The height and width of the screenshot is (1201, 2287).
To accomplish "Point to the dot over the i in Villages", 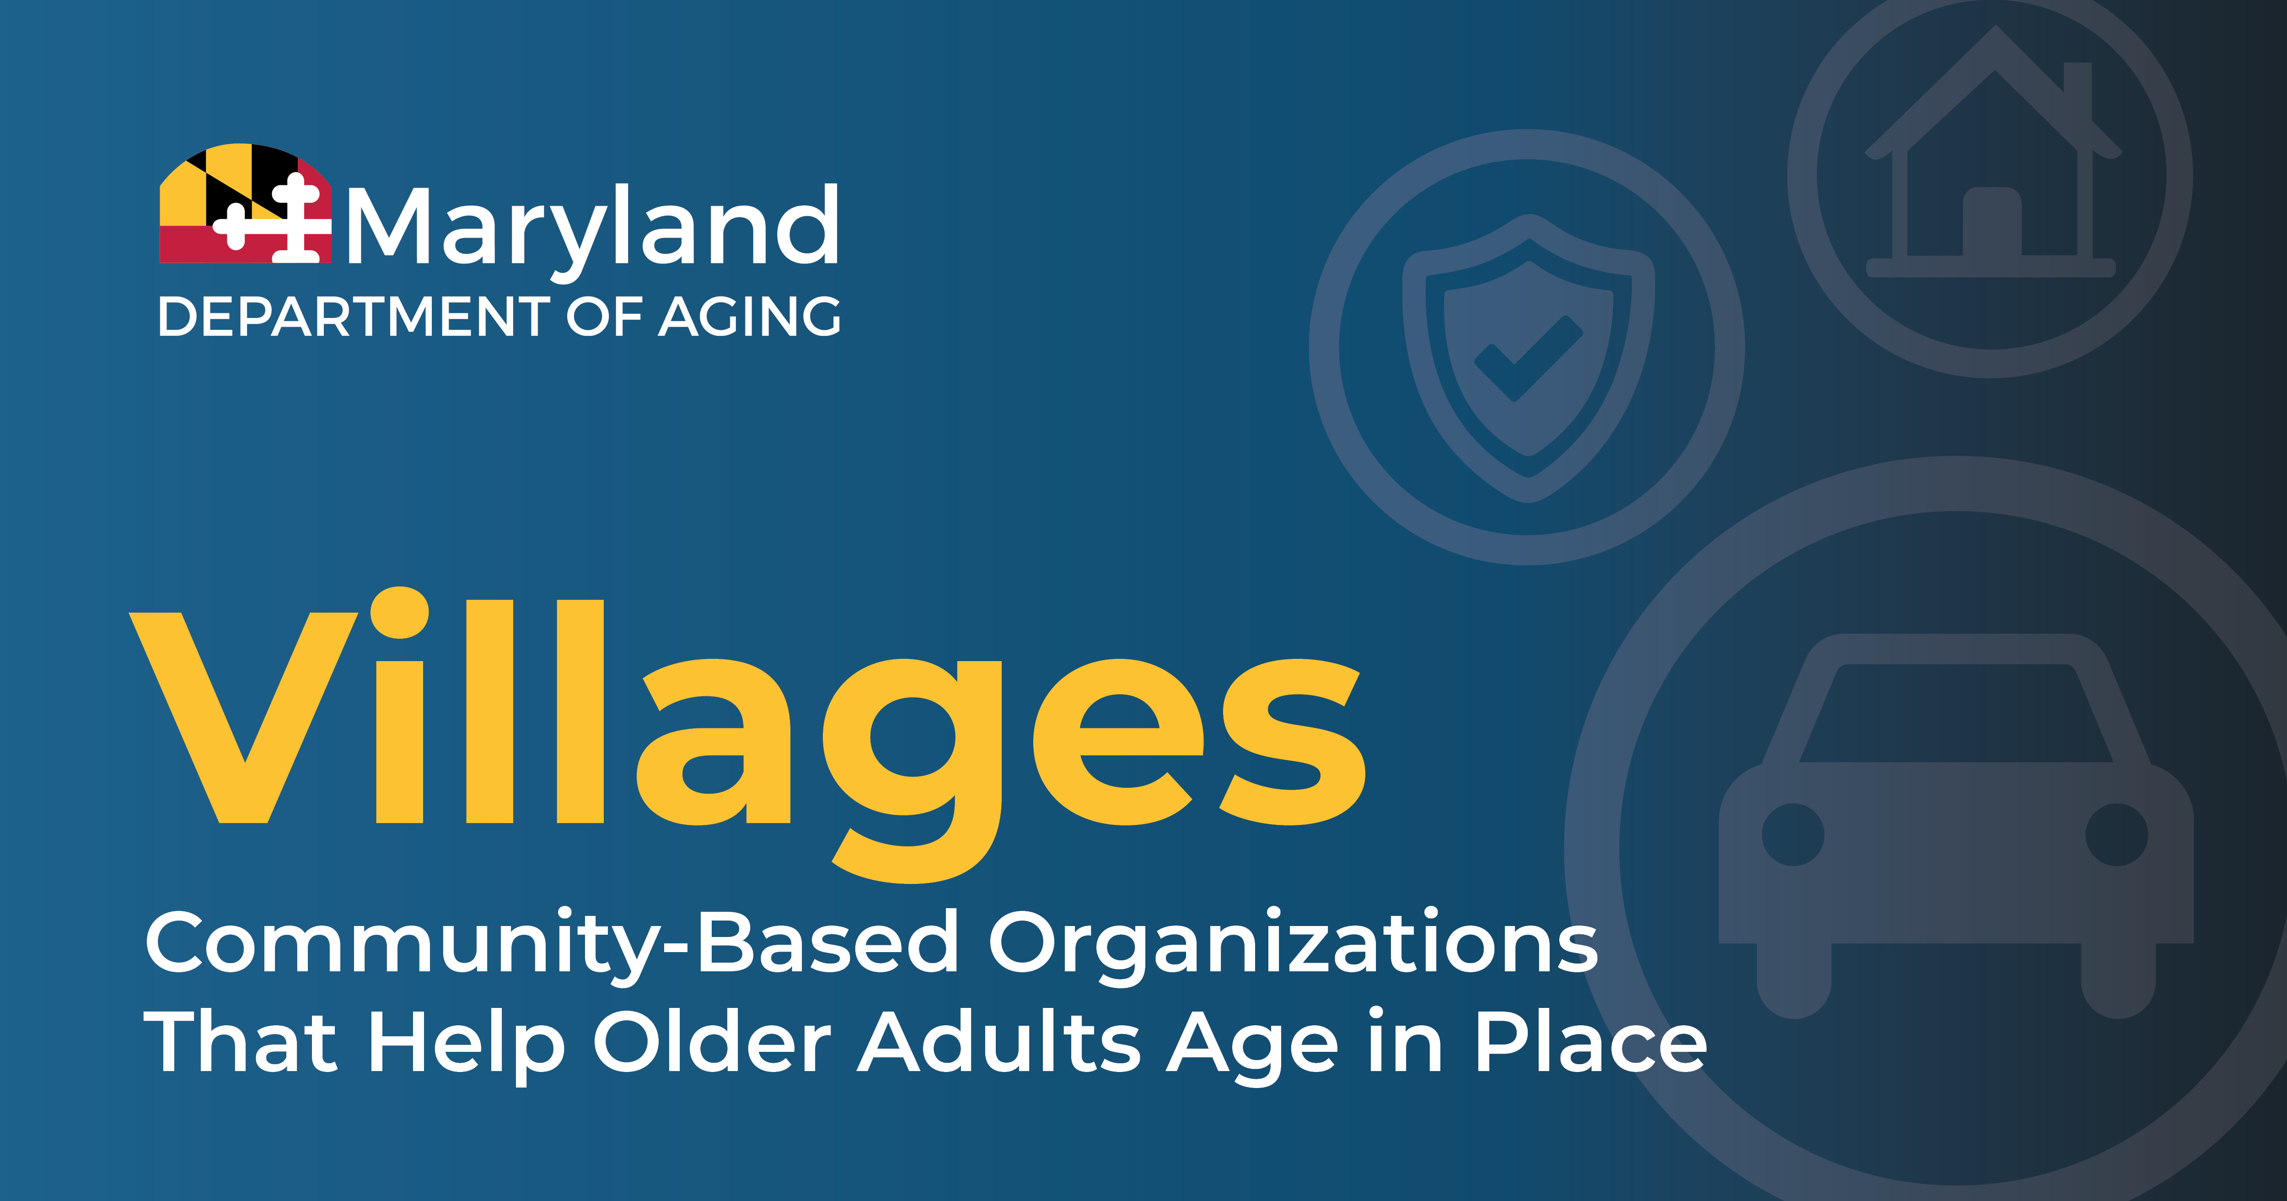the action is coord(399,612).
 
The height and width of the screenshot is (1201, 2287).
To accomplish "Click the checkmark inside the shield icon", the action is coord(1528,358).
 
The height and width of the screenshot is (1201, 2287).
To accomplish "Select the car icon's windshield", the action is coord(1956,712).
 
